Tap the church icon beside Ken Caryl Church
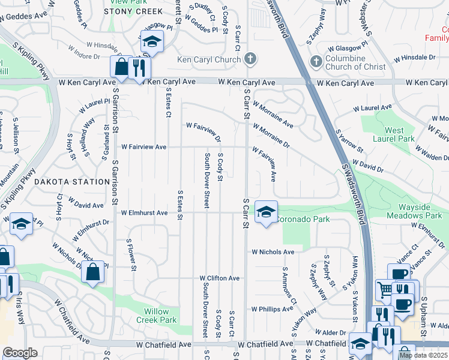pos(250,59)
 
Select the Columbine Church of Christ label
pos(354,62)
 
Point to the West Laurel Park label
pos(394,134)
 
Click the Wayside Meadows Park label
pos(420,211)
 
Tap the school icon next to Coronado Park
pos(266,212)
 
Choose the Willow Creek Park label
pos(160,316)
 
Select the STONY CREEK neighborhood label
pos(133,11)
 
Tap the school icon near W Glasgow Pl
pos(152,41)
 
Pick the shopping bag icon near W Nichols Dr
pos(94,271)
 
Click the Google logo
pos(20,353)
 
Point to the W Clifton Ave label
pos(220,278)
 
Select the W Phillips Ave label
pos(273,309)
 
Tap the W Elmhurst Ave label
pos(144,213)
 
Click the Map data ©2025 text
pos(423,355)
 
